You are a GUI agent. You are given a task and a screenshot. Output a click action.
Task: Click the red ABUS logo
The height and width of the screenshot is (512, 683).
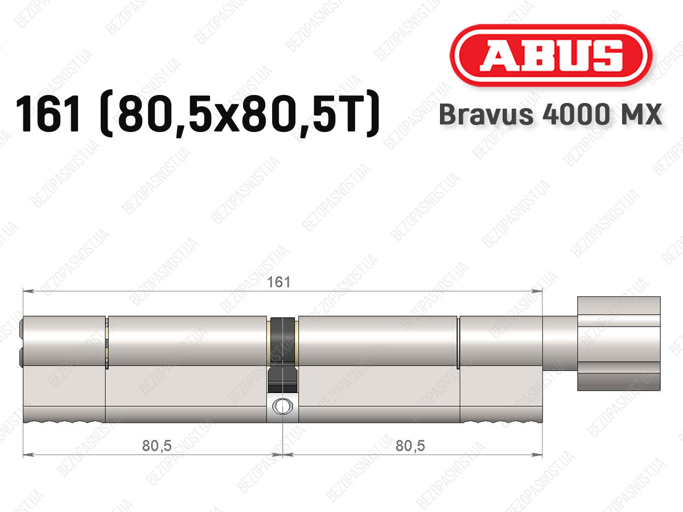(551, 55)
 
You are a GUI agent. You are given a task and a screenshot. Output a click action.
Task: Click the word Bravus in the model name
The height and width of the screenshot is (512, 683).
(486, 114)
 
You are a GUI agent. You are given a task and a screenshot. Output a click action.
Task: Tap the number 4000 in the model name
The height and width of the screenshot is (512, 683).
(575, 114)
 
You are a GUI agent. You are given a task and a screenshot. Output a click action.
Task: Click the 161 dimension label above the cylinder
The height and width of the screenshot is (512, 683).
(279, 282)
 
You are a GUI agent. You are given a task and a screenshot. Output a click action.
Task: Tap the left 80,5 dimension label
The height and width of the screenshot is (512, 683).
(157, 446)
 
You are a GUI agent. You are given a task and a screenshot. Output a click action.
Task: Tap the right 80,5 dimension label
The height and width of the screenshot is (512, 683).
(410, 446)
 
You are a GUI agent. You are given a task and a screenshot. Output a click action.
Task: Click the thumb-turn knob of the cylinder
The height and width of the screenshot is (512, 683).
(619, 344)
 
